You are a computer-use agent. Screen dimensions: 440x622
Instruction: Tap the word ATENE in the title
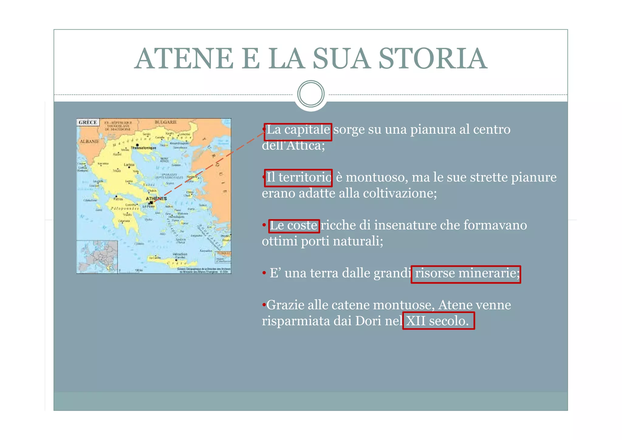pos(184,58)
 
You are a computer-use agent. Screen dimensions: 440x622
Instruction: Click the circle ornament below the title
pos(311,94)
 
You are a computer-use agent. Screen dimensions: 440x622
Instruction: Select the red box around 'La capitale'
pos(298,132)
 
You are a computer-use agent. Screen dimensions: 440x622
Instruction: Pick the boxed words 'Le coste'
pos(294,226)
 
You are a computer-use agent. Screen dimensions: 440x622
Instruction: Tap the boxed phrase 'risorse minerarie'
pos(466,274)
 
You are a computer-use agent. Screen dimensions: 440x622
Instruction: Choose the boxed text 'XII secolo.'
pos(438,321)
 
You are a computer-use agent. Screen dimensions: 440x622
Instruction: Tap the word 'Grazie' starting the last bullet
pos(285,305)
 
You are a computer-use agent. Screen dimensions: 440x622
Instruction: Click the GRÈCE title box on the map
pos(88,122)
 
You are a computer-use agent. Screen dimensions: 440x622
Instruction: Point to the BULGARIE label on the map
pos(166,122)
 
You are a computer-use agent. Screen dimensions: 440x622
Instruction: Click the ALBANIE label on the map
pos(89,142)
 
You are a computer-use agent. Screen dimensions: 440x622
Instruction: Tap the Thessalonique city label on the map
pos(143,148)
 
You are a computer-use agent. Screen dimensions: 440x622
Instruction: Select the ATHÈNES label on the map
pos(156,198)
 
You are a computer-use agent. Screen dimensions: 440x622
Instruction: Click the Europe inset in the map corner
pos(97,256)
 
